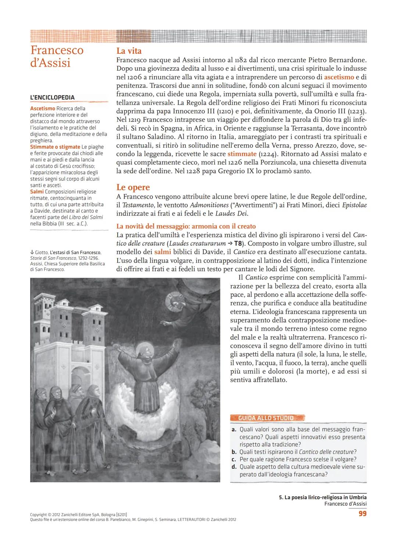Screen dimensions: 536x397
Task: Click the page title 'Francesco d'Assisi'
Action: point(57,56)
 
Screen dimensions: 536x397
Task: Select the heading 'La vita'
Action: point(129,51)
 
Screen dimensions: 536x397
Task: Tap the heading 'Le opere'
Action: point(133,187)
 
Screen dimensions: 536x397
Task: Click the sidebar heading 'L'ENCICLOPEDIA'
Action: point(52,97)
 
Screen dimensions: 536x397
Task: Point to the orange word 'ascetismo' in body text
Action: point(339,77)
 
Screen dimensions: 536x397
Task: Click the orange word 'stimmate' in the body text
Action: point(242,154)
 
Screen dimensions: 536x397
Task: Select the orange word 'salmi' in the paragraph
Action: point(162,252)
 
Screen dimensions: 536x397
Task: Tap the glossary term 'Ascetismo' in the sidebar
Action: point(43,109)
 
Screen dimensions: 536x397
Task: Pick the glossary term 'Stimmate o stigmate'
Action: point(55,147)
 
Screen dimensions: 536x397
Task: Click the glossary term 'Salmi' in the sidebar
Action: point(37,192)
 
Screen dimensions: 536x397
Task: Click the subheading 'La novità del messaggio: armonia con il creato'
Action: point(186,226)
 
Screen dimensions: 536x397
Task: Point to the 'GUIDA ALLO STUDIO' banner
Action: point(267,418)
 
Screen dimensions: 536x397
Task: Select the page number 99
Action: point(362,514)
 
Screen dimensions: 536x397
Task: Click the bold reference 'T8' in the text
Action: point(239,244)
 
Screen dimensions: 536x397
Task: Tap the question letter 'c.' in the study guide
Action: point(234,459)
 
